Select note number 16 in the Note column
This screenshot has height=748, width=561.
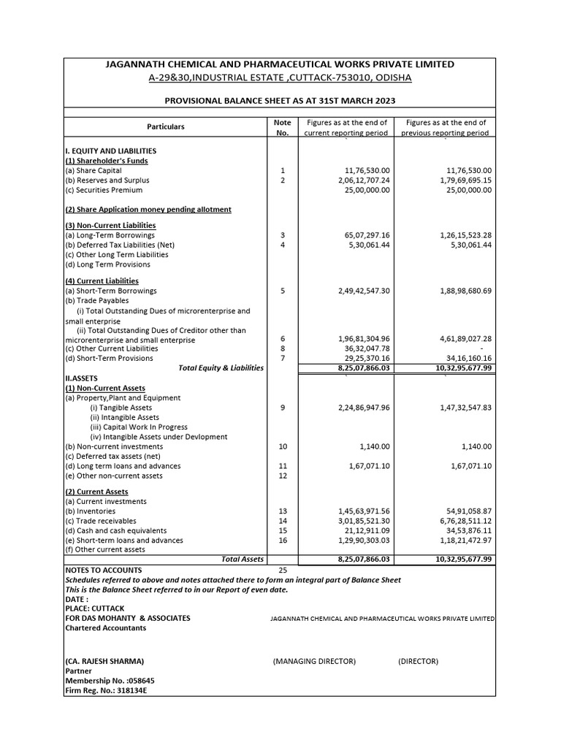[283, 541]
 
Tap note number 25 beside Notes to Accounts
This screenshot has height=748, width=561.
[283, 570]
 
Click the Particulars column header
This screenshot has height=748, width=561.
[166, 126]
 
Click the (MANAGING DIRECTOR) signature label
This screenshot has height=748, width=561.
[314, 661]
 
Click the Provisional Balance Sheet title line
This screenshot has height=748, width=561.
[280, 100]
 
